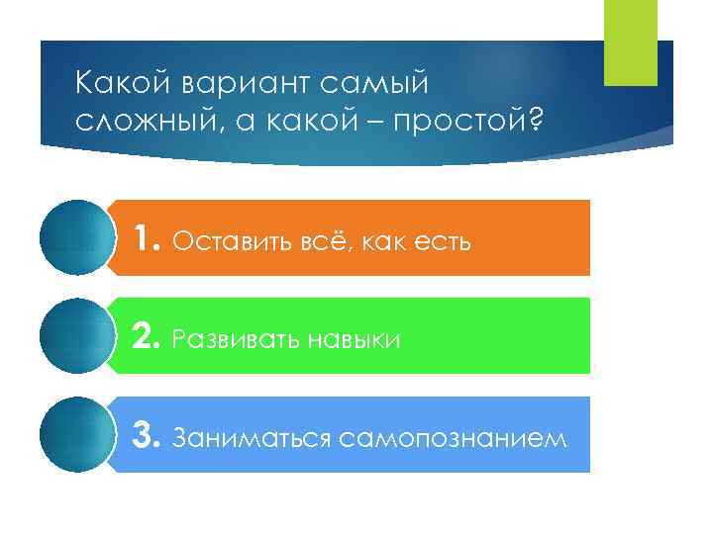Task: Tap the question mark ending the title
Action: click(536, 120)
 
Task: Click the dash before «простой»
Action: click(374, 121)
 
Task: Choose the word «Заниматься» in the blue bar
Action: click(238, 437)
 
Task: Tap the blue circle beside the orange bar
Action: click(76, 237)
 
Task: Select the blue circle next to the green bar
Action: click(76, 336)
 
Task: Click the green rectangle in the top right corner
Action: click(630, 43)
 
